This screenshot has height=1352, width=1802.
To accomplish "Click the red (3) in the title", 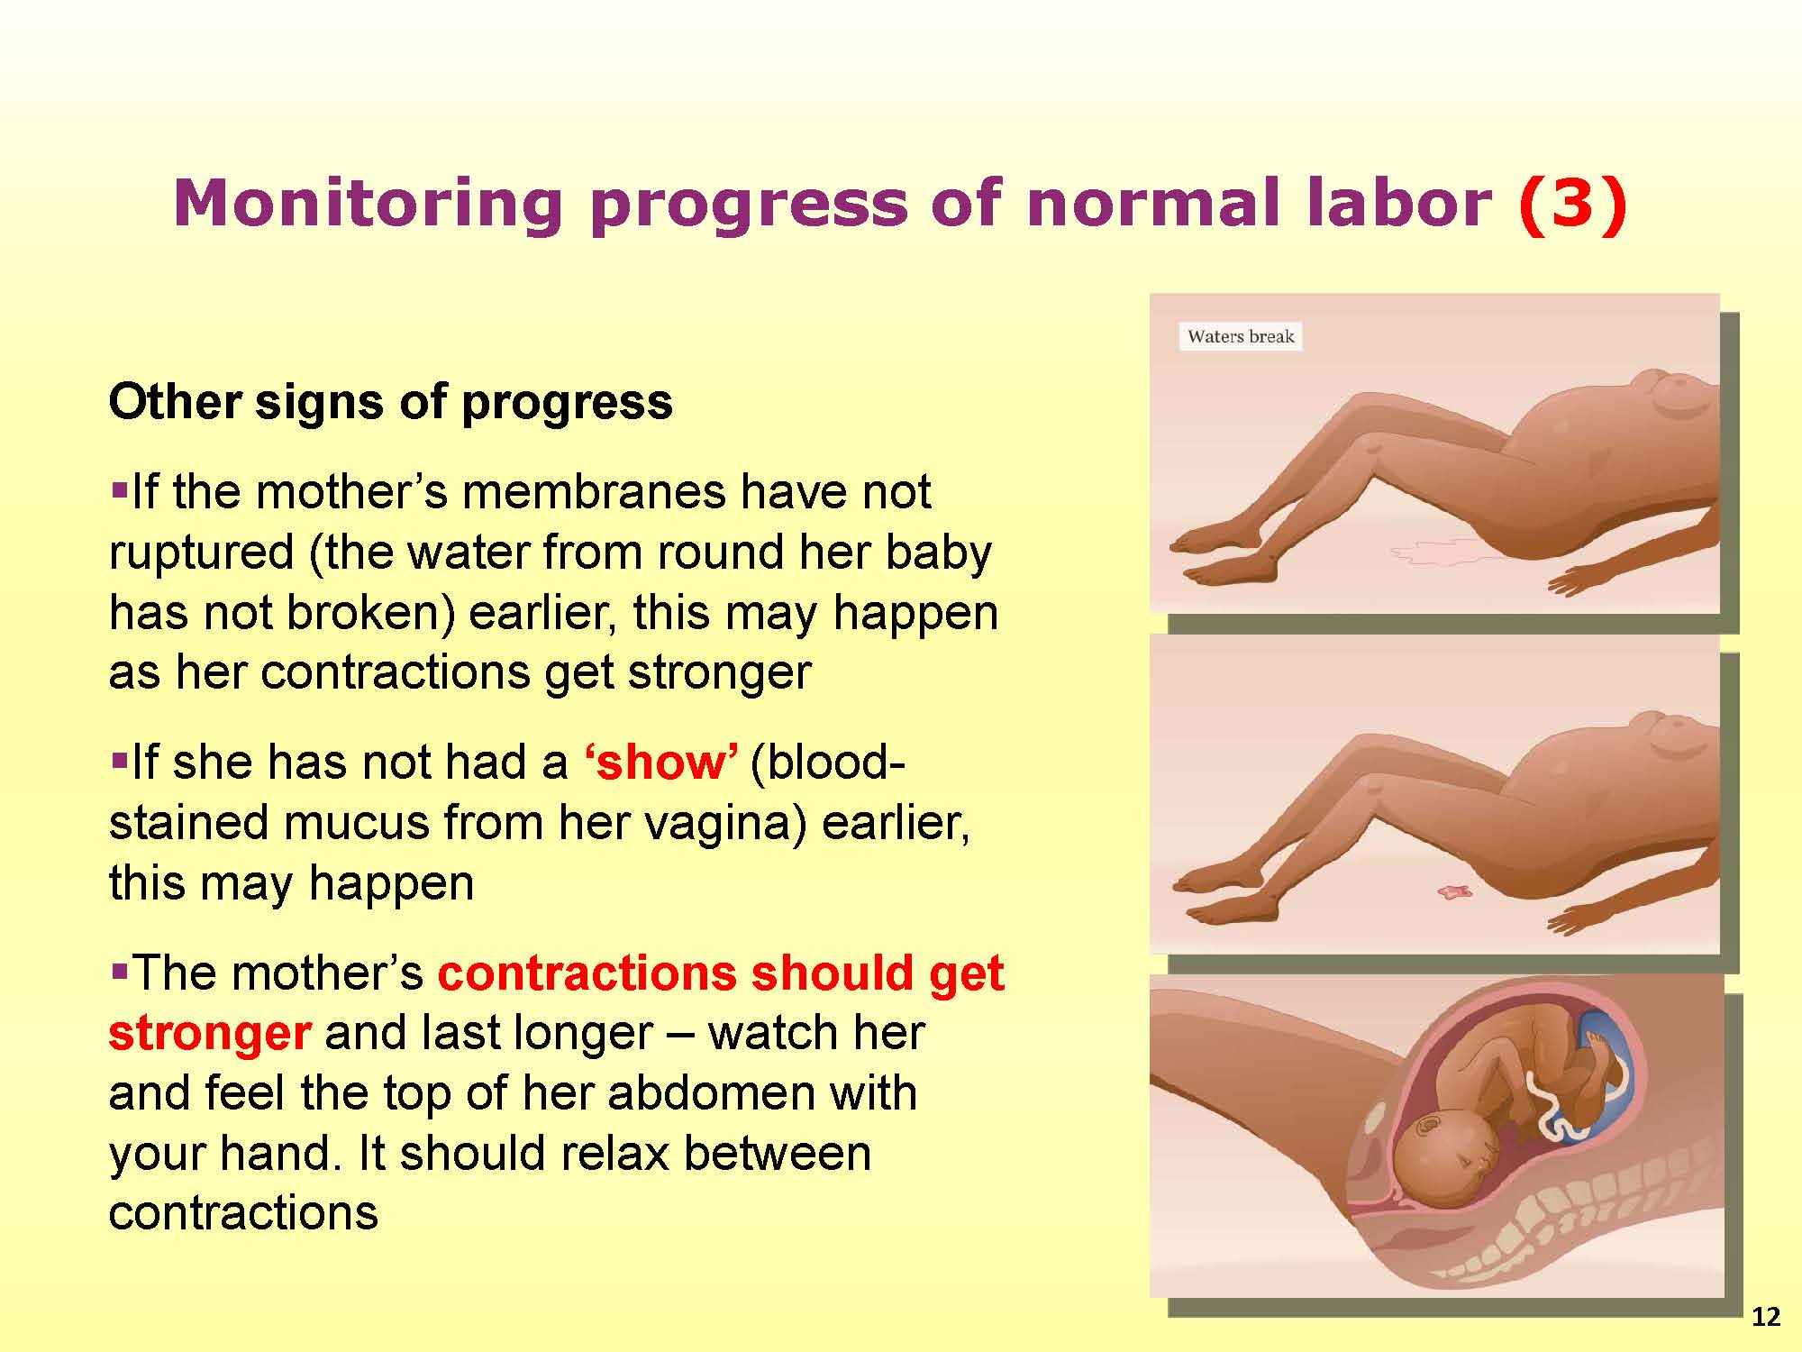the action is tap(1572, 204).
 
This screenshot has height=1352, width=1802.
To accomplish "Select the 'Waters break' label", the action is tap(1241, 336).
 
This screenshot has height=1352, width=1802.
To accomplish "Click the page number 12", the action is tap(1766, 1318).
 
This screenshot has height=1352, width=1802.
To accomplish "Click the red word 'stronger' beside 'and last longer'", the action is tap(210, 1034).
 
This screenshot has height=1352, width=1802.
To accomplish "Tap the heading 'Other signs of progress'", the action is tap(390, 402).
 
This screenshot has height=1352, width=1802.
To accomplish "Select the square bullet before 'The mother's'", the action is tap(119, 973).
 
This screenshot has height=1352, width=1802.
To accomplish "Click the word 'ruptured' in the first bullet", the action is tap(201, 553).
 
